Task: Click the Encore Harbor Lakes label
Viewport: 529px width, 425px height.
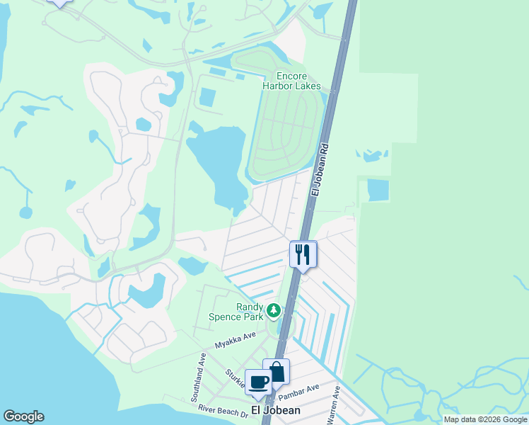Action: [291, 80]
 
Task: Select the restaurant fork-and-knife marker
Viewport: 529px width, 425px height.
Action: [303, 254]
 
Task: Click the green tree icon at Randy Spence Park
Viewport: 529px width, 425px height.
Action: [273, 310]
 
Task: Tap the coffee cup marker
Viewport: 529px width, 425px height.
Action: [258, 382]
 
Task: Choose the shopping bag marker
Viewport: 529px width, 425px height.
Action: [276, 372]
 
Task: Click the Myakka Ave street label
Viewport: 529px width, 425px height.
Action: [236, 341]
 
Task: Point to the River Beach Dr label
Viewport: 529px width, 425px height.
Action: [223, 409]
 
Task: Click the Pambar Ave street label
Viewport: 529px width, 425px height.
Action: [303, 390]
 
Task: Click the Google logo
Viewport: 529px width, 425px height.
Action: [23, 416]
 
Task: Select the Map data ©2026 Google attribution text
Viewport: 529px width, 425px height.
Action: [485, 419]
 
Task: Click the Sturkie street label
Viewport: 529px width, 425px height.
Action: [237, 380]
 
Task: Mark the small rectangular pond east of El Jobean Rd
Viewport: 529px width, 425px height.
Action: [378, 190]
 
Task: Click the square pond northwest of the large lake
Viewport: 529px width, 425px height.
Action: [207, 97]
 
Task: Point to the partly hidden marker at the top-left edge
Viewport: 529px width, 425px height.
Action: [59, 2]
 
